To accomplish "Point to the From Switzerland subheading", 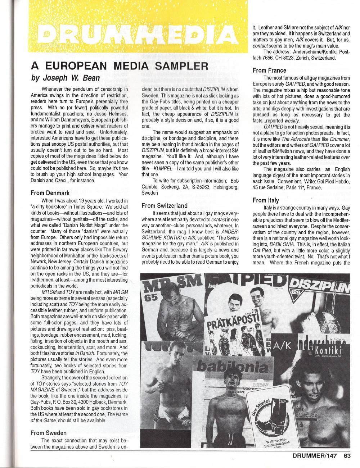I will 164,205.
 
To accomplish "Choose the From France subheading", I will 269,70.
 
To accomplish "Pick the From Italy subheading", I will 266,200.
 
